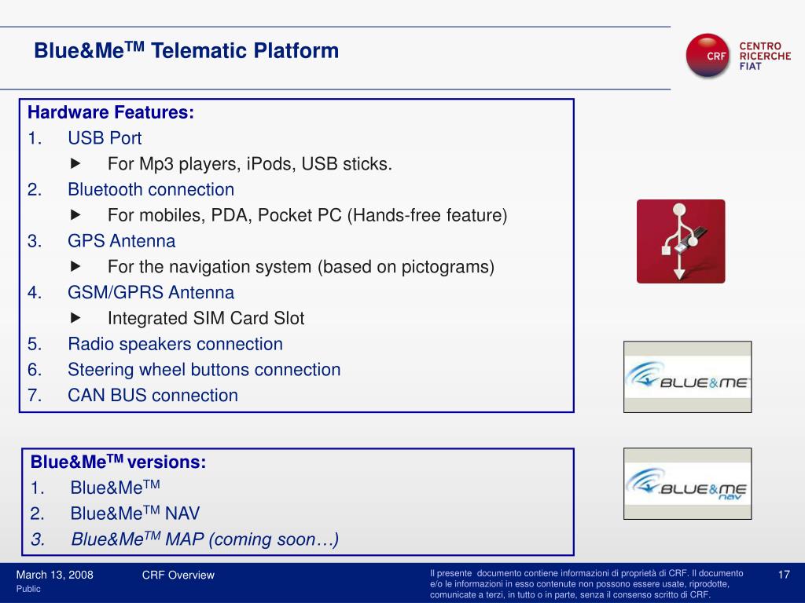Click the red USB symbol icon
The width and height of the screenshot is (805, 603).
[x=681, y=241]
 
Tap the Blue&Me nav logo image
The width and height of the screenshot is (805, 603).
[x=687, y=484]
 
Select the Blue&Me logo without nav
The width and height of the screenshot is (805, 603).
[x=687, y=377]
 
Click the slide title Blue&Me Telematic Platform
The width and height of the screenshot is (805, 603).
[x=186, y=52]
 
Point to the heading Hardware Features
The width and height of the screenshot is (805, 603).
[x=111, y=112]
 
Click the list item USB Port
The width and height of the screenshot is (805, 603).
[x=105, y=138]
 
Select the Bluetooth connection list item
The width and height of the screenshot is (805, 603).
[x=151, y=189]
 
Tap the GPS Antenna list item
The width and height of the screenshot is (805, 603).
[x=122, y=241]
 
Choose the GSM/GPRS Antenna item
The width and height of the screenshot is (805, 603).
[x=151, y=293]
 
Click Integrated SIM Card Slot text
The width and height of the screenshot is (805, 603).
[x=206, y=319]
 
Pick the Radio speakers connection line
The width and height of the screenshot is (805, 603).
[x=175, y=344]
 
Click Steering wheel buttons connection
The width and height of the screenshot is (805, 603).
[x=204, y=370]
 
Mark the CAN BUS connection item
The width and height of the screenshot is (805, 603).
[x=153, y=396]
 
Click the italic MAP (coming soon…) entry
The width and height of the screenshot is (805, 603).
[x=205, y=539]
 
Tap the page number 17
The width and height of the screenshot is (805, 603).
[x=783, y=575]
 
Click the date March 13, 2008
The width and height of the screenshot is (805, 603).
[x=55, y=575]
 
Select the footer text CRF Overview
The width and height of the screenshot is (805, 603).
[x=178, y=575]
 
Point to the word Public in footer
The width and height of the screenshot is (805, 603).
[x=28, y=589]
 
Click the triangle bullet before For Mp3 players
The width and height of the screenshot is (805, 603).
[x=75, y=164]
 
